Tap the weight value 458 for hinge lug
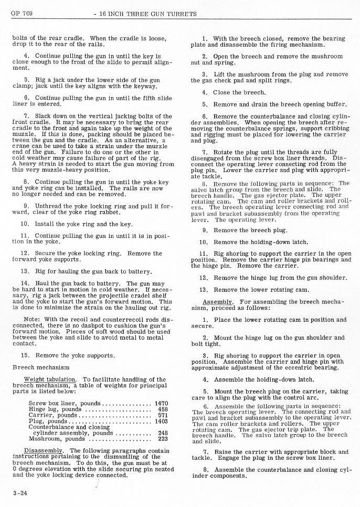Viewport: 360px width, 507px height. click(162, 409)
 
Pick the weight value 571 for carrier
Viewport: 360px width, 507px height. click(162, 415)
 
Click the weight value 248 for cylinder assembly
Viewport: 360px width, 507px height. click(162, 433)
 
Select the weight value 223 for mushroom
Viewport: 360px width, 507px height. click(162, 439)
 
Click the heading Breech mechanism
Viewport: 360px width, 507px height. click(40, 367)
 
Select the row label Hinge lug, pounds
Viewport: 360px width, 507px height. click(54, 409)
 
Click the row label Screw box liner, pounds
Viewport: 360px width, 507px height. click(64, 404)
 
